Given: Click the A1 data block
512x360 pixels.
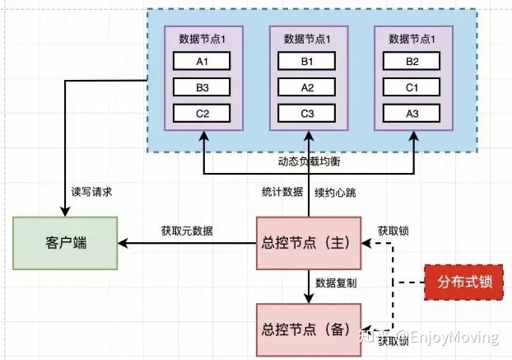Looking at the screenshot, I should tap(201, 61).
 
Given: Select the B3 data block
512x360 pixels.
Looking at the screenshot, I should tap(201, 87).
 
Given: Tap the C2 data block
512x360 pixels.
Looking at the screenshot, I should tap(201, 114).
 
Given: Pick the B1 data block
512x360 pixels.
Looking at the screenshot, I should tap(308, 61).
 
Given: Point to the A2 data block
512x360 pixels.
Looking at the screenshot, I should tap(308, 87).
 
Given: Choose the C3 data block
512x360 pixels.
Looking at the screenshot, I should tap(308, 114).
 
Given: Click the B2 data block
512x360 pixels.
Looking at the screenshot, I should tap(412, 61).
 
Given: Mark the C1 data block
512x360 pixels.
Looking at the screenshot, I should tap(412, 87).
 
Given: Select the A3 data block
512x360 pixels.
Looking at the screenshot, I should tap(412, 114).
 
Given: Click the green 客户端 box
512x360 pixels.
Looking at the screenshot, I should tap(65, 244).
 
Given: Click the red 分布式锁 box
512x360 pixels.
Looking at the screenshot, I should tap(463, 282).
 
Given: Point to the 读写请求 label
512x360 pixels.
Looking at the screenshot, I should tap(91, 191).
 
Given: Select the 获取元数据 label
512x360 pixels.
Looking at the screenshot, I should tap(186, 231).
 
